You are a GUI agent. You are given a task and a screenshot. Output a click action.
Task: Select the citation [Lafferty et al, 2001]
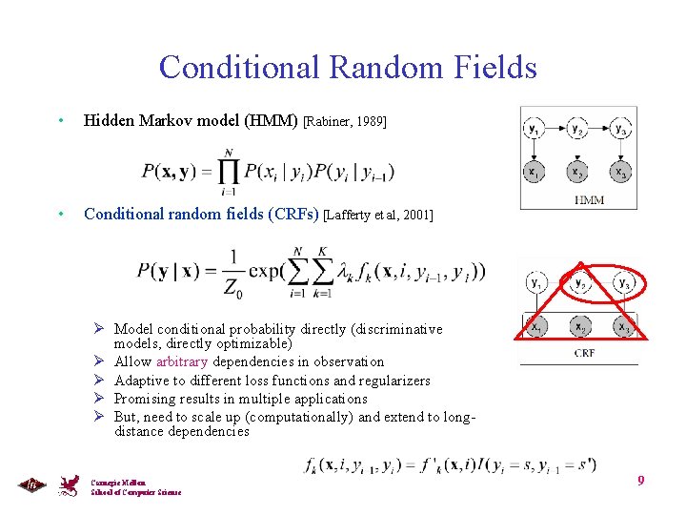click(378, 216)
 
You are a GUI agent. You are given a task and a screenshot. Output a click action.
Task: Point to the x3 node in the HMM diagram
click(620, 173)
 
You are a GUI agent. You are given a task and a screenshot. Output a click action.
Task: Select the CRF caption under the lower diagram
click(585, 353)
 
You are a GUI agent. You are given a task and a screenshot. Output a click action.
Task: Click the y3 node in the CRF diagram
click(623, 282)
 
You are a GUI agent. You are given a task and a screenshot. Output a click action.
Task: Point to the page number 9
click(641, 480)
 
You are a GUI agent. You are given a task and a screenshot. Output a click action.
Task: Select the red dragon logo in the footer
click(68, 485)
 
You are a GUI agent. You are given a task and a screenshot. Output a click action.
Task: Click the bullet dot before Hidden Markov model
click(60, 121)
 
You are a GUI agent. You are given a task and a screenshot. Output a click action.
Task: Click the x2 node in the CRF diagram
click(579, 325)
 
